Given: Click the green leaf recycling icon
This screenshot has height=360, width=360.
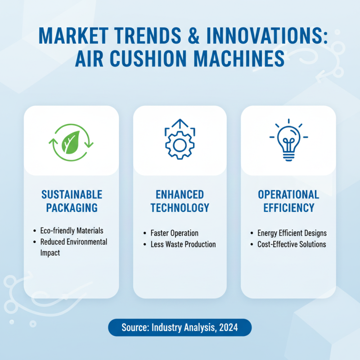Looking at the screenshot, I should pyautogui.click(x=71, y=140).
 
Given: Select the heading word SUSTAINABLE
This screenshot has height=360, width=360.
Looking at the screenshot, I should pyautogui.click(x=72, y=195).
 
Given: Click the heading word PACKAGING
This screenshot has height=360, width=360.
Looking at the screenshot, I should pyautogui.click(x=72, y=208).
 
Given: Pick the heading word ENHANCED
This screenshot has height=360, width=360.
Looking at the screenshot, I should pyautogui.click(x=180, y=195).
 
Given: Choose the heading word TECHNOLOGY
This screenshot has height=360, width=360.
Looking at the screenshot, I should pyautogui.click(x=180, y=208).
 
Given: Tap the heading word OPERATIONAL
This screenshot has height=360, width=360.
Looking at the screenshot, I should pyautogui.click(x=288, y=195).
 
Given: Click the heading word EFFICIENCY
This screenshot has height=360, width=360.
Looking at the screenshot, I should pyautogui.click(x=288, y=208).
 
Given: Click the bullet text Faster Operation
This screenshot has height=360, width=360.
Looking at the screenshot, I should pyautogui.click(x=174, y=233).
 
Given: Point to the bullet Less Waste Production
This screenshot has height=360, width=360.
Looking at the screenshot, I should pyautogui.click(x=183, y=244).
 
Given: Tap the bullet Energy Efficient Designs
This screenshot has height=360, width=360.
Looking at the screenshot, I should pyautogui.click(x=292, y=233).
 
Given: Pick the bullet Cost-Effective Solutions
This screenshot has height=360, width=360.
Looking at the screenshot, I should pyautogui.click(x=292, y=244).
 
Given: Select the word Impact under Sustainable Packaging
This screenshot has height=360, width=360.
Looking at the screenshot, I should pyautogui.click(x=50, y=253).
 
